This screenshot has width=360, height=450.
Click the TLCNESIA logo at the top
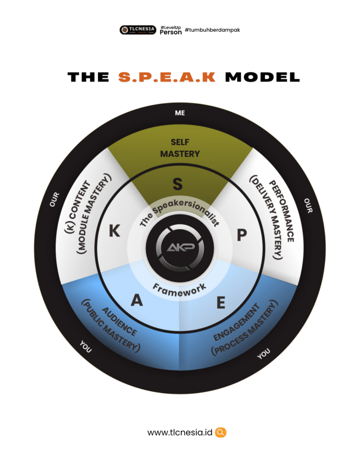coord(138,30)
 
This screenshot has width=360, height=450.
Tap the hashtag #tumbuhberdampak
coord(212,30)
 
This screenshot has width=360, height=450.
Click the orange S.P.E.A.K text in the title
coord(167,77)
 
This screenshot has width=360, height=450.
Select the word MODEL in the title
coord(262,77)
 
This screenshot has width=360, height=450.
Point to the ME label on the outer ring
coord(180,113)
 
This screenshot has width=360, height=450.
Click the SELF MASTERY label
coord(180,148)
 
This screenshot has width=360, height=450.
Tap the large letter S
coord(178,184)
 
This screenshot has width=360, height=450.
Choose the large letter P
coord(242,236)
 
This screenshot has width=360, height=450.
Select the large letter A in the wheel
coord(137,300)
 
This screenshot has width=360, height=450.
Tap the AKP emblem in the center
coord(180,248)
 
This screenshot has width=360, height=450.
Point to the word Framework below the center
coord(179,288)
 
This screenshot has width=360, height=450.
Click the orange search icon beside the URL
coord(221,432)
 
